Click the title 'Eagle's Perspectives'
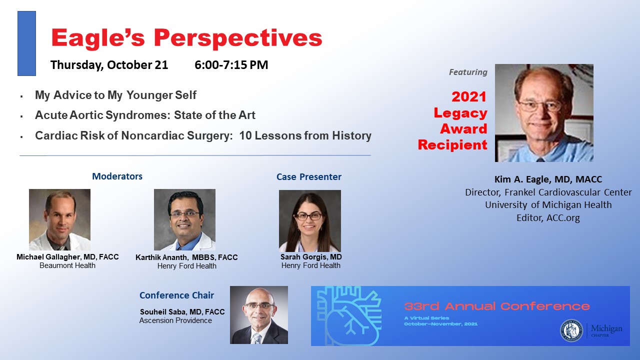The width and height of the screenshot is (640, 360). [x=186, y=38]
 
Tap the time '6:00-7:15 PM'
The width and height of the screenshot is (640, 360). [x=231, y=65]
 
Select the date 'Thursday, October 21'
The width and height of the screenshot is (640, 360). [x=109, y=65]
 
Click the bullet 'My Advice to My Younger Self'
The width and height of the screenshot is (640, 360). [x=115, y=95]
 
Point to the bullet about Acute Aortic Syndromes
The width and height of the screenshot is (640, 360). [x=145, y=115]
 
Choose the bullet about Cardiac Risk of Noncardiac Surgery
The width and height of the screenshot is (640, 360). [x=203, y=135]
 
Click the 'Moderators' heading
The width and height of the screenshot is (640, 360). [x=117, y=176]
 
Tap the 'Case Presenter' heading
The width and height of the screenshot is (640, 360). [x=309, y=177]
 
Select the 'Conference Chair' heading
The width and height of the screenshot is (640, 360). [x=176, y=295]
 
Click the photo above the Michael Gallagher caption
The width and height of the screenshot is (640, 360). [x=59, y=219]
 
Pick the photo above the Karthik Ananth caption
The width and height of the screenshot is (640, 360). [x=184, y=219]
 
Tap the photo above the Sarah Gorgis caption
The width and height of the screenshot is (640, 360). [x=310, y=221]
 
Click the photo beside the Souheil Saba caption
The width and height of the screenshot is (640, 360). [x=259, y=315]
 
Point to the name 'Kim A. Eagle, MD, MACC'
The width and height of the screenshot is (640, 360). [x=548, y=179]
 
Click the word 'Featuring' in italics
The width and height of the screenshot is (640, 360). [x=468, y=72]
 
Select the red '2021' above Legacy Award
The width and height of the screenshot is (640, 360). [x=469, y=97]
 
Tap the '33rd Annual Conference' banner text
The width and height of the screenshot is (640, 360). [x=497, y=306]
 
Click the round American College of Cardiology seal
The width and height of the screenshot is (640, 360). [x=571, y=330]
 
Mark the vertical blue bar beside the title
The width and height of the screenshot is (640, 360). [x=26, y=43]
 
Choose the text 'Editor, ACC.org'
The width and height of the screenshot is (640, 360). [x=548, y=218]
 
